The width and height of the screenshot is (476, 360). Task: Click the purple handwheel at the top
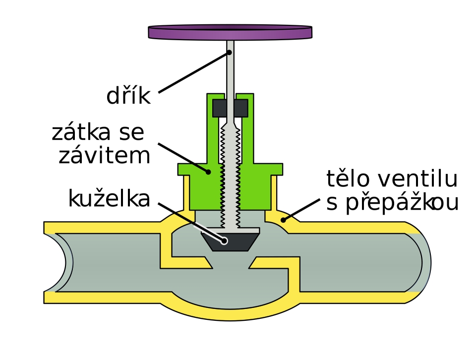230,32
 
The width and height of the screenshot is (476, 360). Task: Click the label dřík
128,96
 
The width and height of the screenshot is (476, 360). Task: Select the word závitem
105,155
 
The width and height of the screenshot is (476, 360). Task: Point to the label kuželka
109,199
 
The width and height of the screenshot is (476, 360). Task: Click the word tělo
348,179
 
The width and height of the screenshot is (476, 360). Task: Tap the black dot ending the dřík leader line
230,53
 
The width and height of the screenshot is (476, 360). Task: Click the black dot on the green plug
208,172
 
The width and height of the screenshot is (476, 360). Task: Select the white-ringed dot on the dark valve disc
224,241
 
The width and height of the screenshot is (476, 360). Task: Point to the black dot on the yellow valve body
283,220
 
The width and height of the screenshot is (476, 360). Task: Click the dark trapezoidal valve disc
230,242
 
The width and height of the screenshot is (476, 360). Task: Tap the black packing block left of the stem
219,108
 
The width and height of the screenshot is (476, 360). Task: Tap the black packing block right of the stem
241,108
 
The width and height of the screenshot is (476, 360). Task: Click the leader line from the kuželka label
191,222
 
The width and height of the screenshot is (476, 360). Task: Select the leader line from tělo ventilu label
301,210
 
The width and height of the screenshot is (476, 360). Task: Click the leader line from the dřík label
194,72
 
